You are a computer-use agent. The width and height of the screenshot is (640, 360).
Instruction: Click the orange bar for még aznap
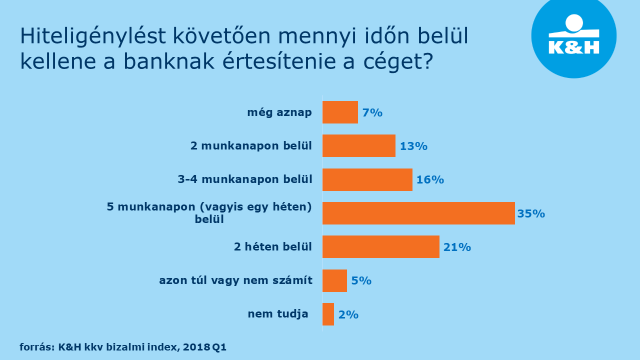point(340,112)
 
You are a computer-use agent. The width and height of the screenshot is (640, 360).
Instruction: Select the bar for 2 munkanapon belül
point(359,146)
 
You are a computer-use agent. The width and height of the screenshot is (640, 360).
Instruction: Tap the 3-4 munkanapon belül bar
point(367,180)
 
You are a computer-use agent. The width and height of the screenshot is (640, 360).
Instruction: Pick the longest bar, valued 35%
point(418,213)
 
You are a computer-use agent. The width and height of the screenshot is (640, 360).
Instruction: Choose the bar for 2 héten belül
point(381,247)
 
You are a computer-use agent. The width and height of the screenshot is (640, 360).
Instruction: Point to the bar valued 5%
point(334,281)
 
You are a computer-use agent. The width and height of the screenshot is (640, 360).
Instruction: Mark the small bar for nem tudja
point(328,315)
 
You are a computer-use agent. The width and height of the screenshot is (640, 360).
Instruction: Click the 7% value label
point(372,113)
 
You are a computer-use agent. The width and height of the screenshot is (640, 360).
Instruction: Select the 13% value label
point(413,146)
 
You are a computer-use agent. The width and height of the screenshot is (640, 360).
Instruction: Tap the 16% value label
point(430,180)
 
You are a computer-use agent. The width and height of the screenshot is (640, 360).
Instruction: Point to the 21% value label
point(457,247)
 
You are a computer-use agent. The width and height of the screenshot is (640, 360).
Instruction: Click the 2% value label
point(348,315)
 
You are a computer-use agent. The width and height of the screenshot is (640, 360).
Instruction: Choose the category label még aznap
point(280,112)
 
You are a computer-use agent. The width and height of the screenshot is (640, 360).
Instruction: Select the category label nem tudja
point(281,315)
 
